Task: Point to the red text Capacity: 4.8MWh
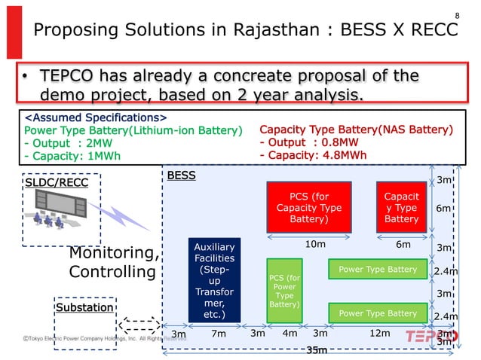(313, 156)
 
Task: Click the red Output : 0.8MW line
(309, 143)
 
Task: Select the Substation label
(84, 307)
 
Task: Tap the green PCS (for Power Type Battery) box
(284, 291)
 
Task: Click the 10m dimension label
(314, 244)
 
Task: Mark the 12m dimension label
(379, 334)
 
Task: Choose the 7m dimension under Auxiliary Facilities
(218, 334)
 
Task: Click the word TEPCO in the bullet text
(73, 76)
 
